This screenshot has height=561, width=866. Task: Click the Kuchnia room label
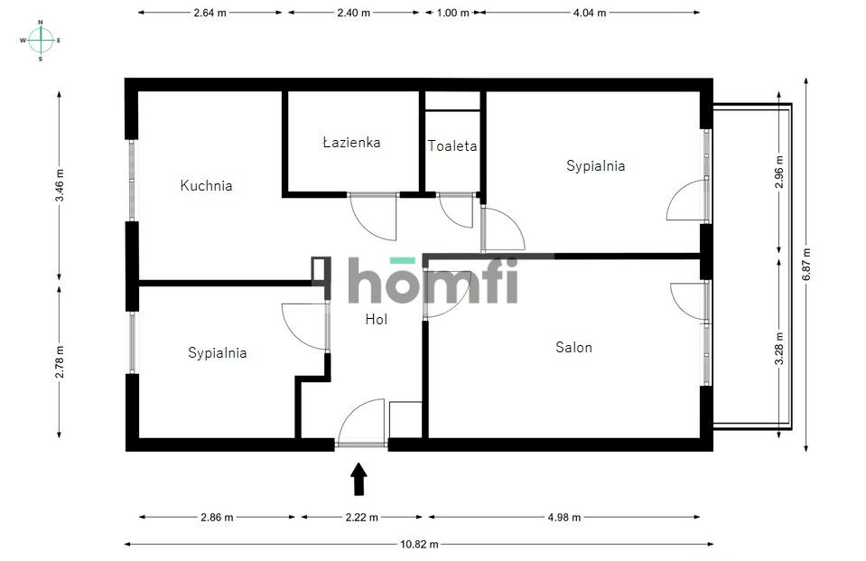[x=206, y=185]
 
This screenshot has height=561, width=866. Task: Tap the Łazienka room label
[x=352, y=142]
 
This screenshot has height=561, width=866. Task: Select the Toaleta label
[x=452, y=146]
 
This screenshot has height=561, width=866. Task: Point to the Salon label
[x=573, y=347]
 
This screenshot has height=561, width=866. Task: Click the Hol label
[x=377, y=319]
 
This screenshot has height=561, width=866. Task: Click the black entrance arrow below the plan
[x=359, y=479]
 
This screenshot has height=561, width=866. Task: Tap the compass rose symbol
[x=41, y=40]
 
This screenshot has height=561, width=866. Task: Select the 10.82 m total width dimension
[x=419, y=545]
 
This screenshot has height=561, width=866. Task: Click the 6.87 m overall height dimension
[x=806, y=264]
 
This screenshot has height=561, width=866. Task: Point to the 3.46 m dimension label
[x=60, y=185]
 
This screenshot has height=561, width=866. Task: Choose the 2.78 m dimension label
[x=60, y=362]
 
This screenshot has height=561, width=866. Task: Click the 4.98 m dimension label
[x=563, y=518]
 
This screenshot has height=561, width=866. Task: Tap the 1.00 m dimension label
[x=452, y=13]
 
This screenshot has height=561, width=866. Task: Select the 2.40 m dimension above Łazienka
[x=353, y=13]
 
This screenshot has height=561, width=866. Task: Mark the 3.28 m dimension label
[x=779, y=348]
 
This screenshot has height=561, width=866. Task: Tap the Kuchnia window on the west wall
[x=132, y=180]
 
